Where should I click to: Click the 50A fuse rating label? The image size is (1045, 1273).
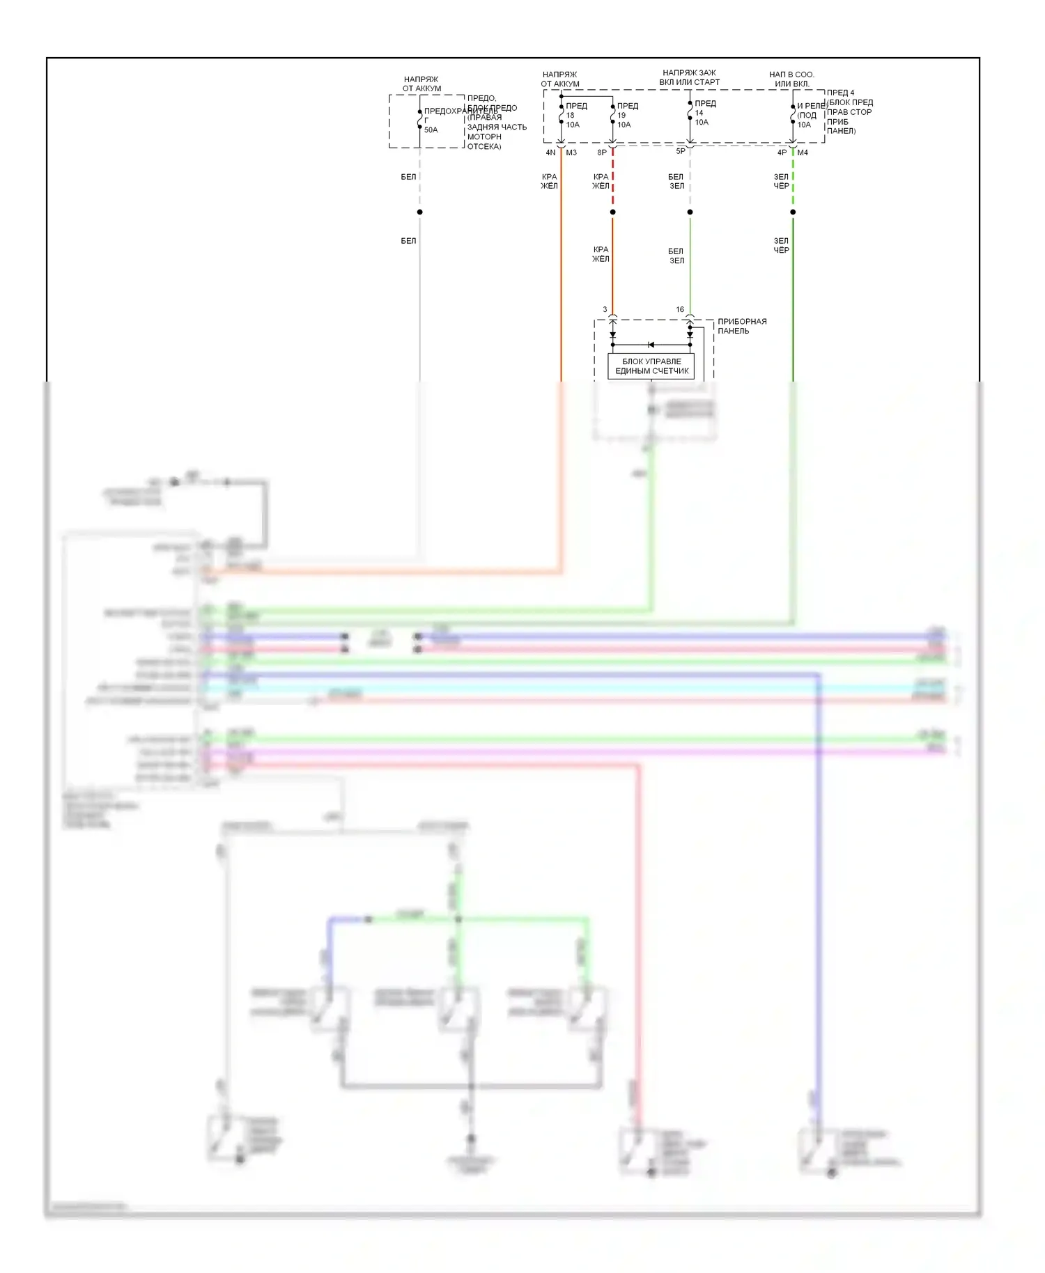[x=431, y=130]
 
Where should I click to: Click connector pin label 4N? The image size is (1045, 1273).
[x=550, y=153]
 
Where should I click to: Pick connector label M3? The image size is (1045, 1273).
[x=571, y=153]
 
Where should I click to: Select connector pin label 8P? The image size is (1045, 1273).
[x=602, y=153]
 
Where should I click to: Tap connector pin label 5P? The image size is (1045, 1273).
[x=681, y=151]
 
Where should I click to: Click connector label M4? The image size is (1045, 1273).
[x=803, y=153]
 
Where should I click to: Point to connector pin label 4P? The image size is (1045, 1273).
[x=782, y=153]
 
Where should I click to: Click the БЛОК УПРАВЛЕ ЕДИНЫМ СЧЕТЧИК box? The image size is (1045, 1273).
[x=651, y=366]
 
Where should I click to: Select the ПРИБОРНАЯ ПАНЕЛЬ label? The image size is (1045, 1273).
[x=741, y=326]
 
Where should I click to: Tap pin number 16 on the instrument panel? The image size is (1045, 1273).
[x=680, y=309]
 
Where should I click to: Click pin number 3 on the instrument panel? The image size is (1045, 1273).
[x=605, y=309]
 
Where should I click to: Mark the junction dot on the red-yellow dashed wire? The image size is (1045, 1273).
[x=613, y=212]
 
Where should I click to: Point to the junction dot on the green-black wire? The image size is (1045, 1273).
[x=793, y=212]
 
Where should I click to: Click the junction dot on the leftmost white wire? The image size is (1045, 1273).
[x=419, y=212]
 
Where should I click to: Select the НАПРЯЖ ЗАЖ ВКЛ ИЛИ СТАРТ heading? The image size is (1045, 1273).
[x=689, y=77]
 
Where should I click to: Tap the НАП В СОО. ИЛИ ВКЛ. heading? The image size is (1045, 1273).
[x=791, y=79]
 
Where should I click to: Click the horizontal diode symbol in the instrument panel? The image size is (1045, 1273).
[x=651, y=345]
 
